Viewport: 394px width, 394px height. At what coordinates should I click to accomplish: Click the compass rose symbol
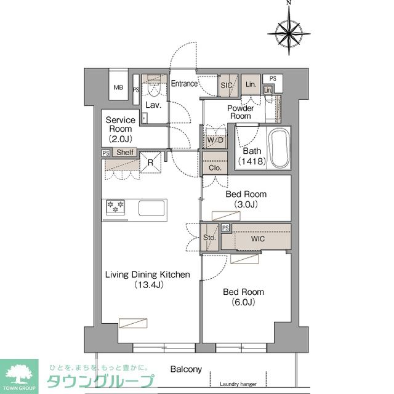pyautogui.click(x=288, y=29)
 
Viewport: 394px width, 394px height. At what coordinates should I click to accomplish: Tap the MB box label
pyautogui.click(x=118, y=87)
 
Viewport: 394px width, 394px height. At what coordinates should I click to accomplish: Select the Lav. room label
pyautogui.click(x=153, y=105)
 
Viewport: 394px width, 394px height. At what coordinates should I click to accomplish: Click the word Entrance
pyautogui.click(x=184, y=84)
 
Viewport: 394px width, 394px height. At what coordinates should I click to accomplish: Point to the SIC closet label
pyautogui.click(x=227, y=86)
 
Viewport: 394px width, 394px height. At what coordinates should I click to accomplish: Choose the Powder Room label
pyautogui.click(x=240, y=112)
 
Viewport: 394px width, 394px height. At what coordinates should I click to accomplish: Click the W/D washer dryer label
pyautogui.click(x=215, y=140)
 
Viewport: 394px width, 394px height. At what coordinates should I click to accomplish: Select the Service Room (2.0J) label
pyautogui.click(x=120, y=129)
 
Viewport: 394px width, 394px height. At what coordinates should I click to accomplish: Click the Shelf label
pyautogui.click(x=126, y=153)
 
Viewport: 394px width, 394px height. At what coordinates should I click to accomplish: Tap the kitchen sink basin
pyautogui.click(x=151, y=208)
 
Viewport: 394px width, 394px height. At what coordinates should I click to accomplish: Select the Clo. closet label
pyautogui.click(x=215, y=167)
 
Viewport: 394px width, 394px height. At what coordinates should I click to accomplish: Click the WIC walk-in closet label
pyautogui.click(x=257, y=238)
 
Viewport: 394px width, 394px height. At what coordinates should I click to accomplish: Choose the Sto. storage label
pyautogui.click(x=209, y=237)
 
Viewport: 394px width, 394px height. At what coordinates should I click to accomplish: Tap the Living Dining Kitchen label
pyautogui.click(x=147, y=280)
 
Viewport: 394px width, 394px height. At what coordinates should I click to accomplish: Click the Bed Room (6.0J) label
pyautogui.click(x=244, y=297)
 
